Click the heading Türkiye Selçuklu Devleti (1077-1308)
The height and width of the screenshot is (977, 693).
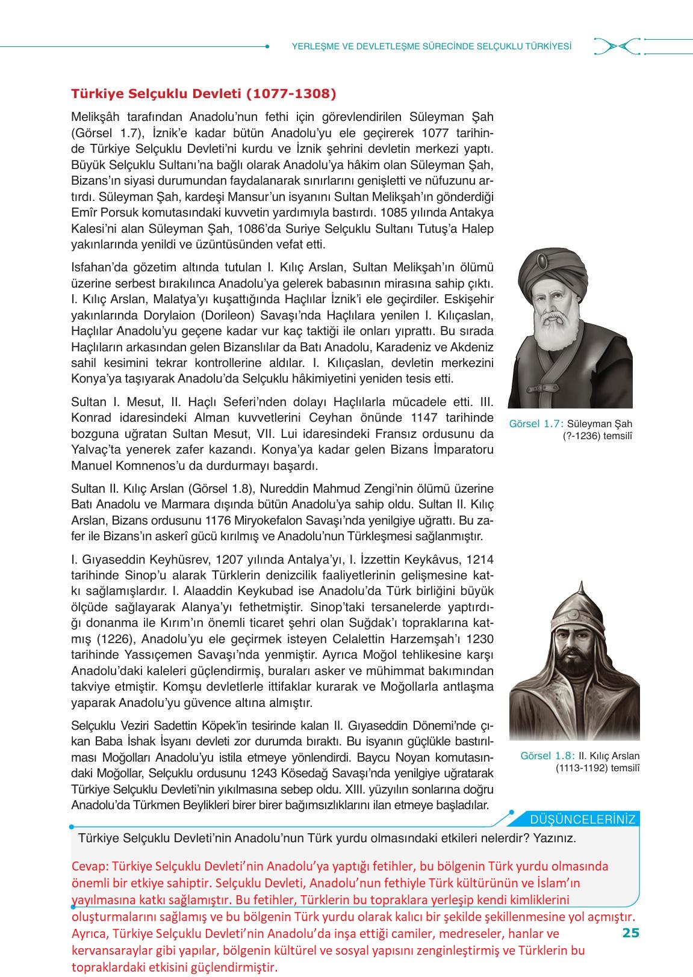point(204,94)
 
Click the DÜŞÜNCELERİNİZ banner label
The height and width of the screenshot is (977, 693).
point(582,819)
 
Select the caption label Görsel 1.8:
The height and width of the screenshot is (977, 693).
point(547,756)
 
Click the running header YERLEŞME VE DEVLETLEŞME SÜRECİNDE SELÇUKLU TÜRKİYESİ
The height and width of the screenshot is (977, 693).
point(431,46)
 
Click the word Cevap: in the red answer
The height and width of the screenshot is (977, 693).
point(90,866)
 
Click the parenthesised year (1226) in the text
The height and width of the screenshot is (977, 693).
point(113,639)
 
